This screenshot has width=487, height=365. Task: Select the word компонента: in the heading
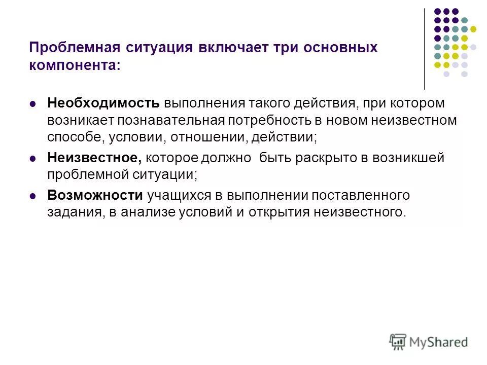pos(75,65)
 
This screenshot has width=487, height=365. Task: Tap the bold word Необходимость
pos(103,103)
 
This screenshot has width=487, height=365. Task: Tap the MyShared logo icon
pos(398,341)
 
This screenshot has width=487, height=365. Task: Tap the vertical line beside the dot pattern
pos(424,49)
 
